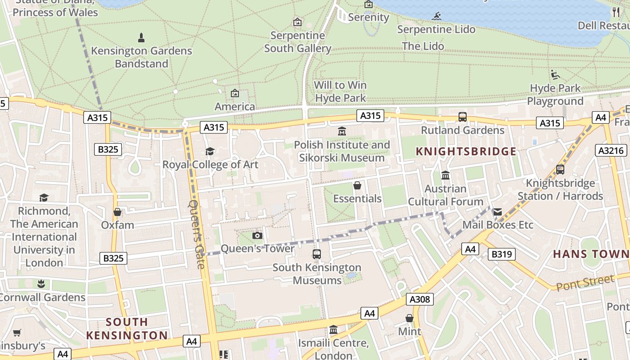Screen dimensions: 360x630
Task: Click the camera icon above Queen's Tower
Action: click(257, 235)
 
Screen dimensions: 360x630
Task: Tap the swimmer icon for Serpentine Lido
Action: click(436, 17)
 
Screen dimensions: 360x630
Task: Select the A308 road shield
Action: click(419, 299)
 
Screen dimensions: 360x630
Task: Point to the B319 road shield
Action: click(501, 254)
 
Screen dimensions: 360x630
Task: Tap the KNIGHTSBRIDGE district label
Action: click(466, 151)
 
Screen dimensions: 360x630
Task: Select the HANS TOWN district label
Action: click(591, 254)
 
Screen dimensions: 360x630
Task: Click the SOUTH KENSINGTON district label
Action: click(127, 328)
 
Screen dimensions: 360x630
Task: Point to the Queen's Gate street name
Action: click(197, 234)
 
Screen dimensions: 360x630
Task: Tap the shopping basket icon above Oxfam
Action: click(117, 212)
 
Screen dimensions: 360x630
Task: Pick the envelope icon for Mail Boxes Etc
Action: click(497, 212)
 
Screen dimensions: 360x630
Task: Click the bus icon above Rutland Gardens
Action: click(462, 117)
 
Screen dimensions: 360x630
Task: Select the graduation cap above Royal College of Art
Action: click(210, 151)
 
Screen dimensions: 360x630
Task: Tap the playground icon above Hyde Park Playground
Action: click(555, 75)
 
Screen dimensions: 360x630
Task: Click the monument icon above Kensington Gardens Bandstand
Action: click(141, 37)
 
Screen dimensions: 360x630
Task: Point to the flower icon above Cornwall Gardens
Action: click(41, 284)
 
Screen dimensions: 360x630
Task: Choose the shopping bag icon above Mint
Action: click(409, 318)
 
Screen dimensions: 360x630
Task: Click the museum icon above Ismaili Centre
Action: click(333, 330)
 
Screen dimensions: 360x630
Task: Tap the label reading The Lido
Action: click(423, 46)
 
